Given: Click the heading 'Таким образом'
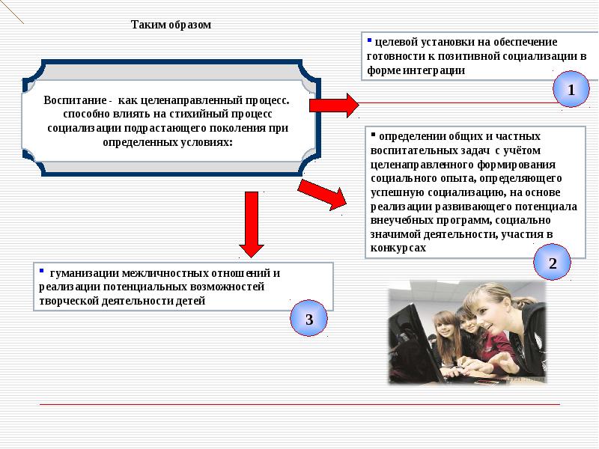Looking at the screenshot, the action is coord(171,25).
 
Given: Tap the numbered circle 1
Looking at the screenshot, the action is coord(571,91).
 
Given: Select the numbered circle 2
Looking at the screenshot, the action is coord(553,263).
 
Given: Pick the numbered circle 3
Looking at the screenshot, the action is coord(308,320).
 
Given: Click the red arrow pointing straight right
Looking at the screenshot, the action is coord(334,104).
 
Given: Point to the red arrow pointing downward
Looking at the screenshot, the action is coord(252,224).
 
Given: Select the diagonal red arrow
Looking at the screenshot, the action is coord(323,194).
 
